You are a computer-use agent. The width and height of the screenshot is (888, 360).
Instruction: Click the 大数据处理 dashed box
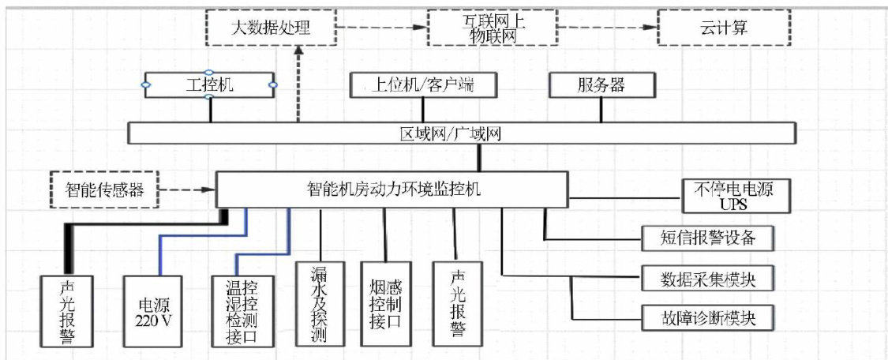271,28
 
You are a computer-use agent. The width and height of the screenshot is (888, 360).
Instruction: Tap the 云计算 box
723,28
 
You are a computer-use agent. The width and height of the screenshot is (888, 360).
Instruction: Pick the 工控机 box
209,84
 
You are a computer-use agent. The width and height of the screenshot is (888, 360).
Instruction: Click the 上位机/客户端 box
424,84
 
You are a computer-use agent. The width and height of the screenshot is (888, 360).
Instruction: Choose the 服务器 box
601,84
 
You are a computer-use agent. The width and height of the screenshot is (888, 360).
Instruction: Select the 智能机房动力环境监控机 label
392,189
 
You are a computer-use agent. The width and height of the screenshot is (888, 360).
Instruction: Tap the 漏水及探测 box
320,304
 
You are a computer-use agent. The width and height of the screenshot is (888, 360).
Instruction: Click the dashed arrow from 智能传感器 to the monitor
187,189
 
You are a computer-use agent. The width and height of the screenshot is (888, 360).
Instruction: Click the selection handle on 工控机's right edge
273,84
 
